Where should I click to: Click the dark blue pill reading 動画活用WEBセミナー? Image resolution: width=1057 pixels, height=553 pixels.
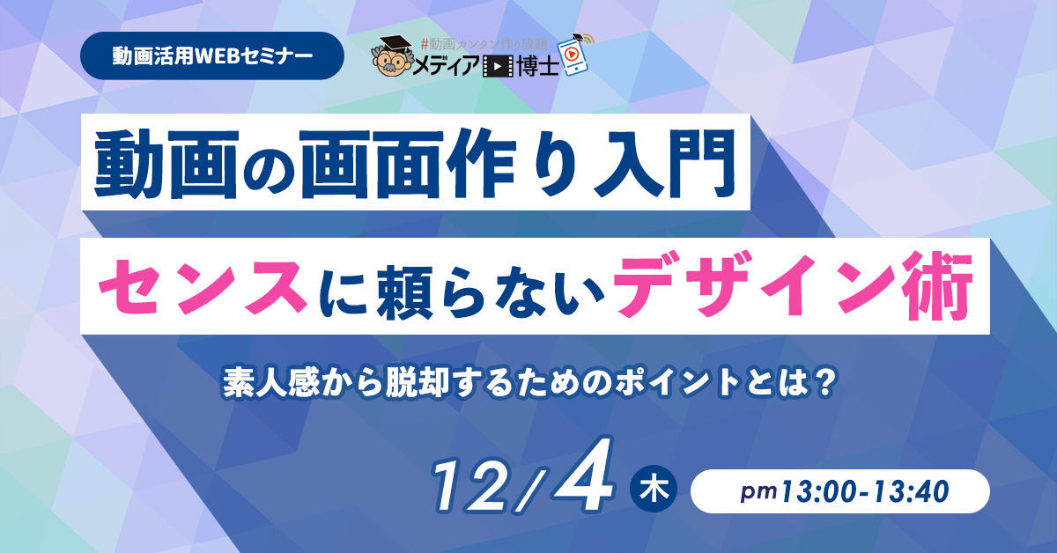click(212, 55)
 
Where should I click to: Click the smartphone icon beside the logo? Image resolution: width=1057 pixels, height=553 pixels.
click(573, 55)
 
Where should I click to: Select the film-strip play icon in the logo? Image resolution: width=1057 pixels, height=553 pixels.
click(498, 67)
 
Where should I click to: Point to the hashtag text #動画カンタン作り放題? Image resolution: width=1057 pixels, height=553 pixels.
click(484, 44)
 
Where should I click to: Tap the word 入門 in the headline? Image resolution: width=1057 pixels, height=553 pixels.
click(664, 163)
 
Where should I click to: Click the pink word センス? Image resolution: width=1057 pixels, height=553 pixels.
click(203, 286)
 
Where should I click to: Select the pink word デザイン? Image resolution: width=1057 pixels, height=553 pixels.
click(754, 285)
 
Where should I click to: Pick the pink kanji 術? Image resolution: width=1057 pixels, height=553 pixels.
click(937, 285)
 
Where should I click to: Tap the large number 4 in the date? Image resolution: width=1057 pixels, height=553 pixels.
click(585, 474)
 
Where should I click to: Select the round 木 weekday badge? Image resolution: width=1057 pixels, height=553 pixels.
click(654, 489)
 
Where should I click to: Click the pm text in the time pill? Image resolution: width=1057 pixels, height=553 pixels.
click(758, 491)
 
